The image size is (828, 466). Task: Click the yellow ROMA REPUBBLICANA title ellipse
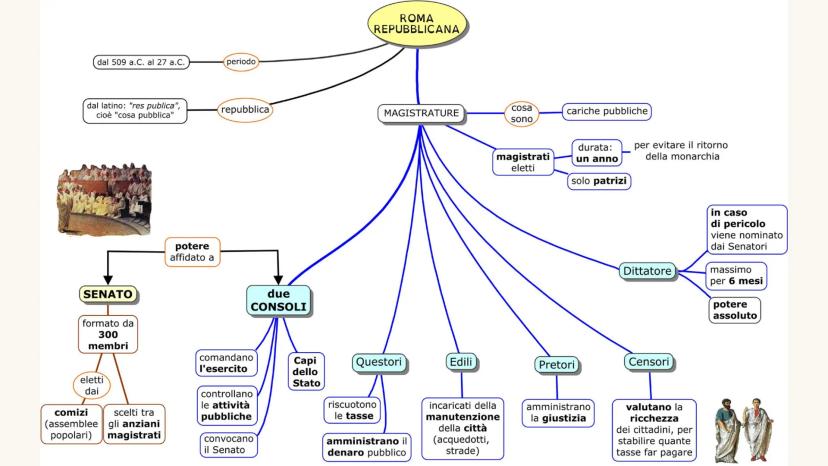tap(416, 24)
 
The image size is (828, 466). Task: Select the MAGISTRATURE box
tap(421, 113)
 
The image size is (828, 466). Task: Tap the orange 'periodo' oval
tap(242, 62)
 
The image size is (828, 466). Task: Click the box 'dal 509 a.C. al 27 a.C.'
tap(141, 62)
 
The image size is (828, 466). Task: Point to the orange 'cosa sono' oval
tap(522, 113)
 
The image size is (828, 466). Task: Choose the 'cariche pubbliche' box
tap(608, 111)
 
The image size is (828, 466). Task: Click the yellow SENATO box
tap(107, 294)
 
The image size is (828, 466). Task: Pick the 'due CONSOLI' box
tap(279, 299)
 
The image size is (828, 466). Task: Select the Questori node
tap(377, 361)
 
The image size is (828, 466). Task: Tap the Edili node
tap(462, 361)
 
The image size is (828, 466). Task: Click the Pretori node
tap(556, 365)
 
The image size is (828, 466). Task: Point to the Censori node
tap(648, 361)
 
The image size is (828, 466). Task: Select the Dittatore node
tap(647, 271)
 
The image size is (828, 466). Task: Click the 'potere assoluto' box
tap(734, 309)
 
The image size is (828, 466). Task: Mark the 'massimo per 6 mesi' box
tap(736, 275)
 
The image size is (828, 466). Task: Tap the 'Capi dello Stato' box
tap(306, 371)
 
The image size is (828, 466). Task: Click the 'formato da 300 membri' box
tap(108, 335)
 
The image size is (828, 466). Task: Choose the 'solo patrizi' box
tap(599, 181)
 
